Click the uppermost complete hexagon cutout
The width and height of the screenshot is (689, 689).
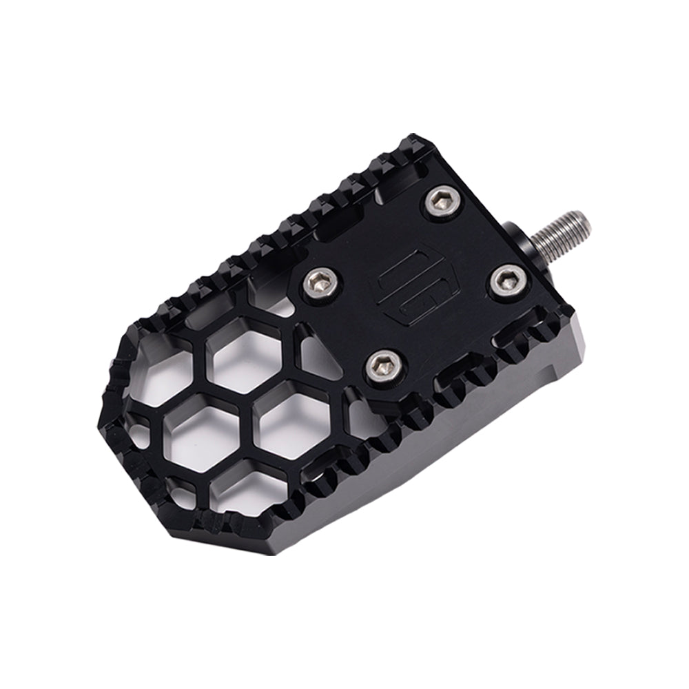pos(245,358)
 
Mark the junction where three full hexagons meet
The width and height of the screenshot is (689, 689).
pos(243,400)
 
